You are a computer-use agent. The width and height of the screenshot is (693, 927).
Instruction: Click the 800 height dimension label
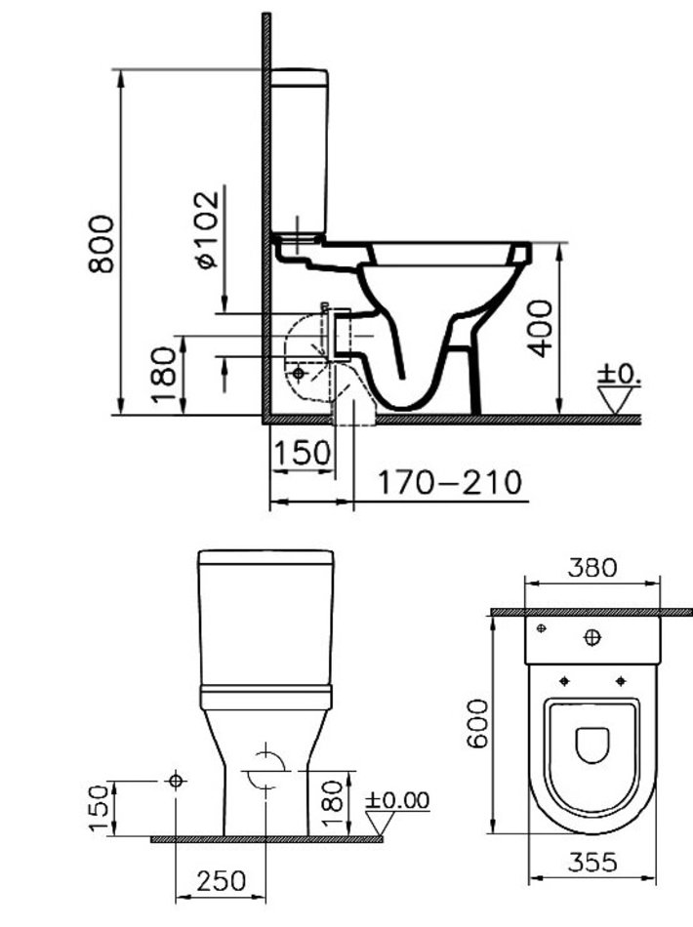click(x=102, y=244)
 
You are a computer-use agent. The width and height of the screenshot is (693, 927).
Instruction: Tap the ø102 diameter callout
click(x=208, y=229)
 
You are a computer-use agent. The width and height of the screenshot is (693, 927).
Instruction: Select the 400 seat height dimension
click(x=541, y=328)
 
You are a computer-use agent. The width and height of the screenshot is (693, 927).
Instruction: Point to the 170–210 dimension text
click(x=450, y=482)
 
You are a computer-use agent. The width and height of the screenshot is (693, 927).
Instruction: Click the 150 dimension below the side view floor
click(x=303, y=453)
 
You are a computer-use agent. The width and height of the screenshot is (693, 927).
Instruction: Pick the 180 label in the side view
click(x=164, y=375)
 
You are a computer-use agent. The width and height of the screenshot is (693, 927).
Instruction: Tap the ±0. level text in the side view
click(x=619, y=374)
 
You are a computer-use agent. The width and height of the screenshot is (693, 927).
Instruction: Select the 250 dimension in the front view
click(x=222, y=881)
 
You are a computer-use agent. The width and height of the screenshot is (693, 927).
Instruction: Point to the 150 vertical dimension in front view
click(x=100, y=808)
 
